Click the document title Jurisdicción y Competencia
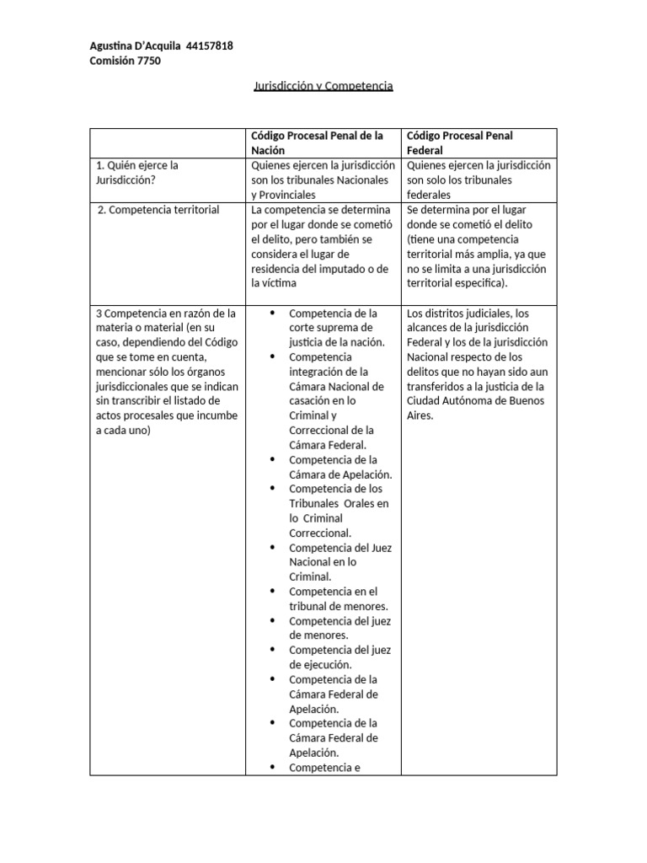[323, 86]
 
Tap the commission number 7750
[147, 61]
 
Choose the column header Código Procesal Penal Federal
[459, 142]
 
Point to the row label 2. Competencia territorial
[158, 210]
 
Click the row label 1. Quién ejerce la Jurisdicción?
[137, 173]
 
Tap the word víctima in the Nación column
[284, 284]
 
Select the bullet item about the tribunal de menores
[333, 598]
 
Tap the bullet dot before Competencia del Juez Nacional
[273, 548]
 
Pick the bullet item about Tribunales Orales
[337, 511]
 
